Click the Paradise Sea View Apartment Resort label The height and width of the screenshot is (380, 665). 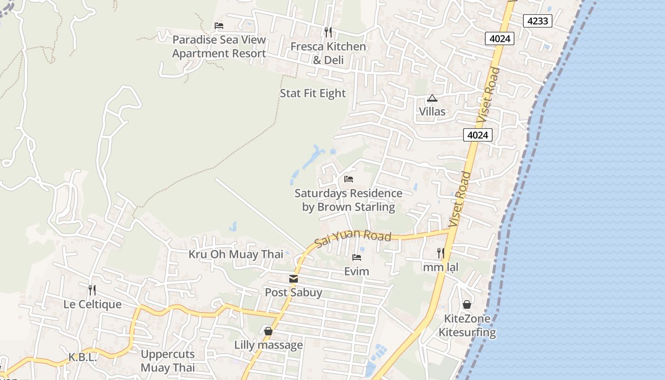(219, 47)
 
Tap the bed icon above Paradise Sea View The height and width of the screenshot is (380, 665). (219, 25)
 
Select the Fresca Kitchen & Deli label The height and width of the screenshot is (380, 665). (328, 53)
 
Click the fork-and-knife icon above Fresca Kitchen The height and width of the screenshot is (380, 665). (328, 32)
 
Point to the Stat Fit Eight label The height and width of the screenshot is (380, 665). (313, 94)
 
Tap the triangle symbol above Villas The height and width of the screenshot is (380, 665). (432, 98)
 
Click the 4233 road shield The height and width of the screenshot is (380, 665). (538, 21)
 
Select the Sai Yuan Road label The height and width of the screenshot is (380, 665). (352, 237)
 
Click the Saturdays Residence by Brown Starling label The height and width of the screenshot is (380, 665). (348, 200)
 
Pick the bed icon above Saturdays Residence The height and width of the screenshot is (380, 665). (349, 179)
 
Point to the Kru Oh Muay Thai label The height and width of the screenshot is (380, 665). (236, 254)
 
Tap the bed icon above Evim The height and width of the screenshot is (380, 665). (357, 257)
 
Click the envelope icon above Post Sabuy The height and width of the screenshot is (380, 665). (294, 279)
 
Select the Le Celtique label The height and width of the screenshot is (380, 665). (93, 304)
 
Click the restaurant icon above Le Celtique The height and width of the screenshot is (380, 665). (92, 290)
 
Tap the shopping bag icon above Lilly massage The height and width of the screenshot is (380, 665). (268, 331)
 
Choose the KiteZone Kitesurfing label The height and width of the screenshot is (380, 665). (467, 325)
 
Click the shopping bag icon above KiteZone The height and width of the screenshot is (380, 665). (467, 304)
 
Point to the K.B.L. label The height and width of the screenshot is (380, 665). (83, 358)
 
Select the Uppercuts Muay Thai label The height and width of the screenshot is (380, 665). (168, 361)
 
